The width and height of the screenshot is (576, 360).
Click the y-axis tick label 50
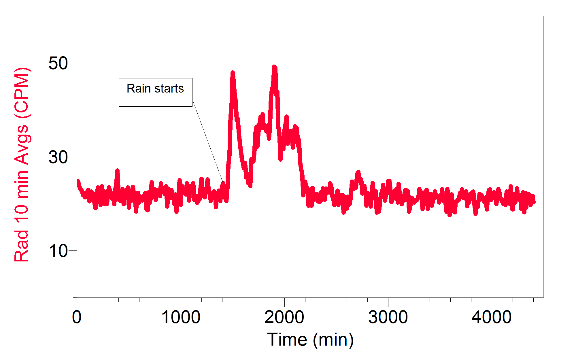[x=58, y=63]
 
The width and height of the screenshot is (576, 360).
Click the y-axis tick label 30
[x=58, y=157]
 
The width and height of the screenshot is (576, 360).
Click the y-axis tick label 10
[x=58, y=251]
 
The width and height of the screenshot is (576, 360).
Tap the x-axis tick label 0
[x=77, y=317]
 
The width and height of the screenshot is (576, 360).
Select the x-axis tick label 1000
[x=181, y=317]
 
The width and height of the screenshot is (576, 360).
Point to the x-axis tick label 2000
[x=284, y=317]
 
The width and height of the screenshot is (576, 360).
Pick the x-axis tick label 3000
[x=388, y=317]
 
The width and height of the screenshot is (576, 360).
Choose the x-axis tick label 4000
[x=492, y=317]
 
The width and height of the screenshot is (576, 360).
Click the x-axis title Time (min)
[x=310, y=340]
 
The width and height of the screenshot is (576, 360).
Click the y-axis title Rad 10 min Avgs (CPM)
[x=22, y=165]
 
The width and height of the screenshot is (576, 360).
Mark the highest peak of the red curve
[x=274, y=67]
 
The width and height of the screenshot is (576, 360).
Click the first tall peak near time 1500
[x=233, y=73]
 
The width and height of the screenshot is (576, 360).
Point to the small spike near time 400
[x=117, y=171]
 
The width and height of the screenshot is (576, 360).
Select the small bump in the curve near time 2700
[x=358, y=173]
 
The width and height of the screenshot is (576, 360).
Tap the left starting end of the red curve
[x=78, y=181]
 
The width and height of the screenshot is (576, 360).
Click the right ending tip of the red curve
[x=534, y=201]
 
